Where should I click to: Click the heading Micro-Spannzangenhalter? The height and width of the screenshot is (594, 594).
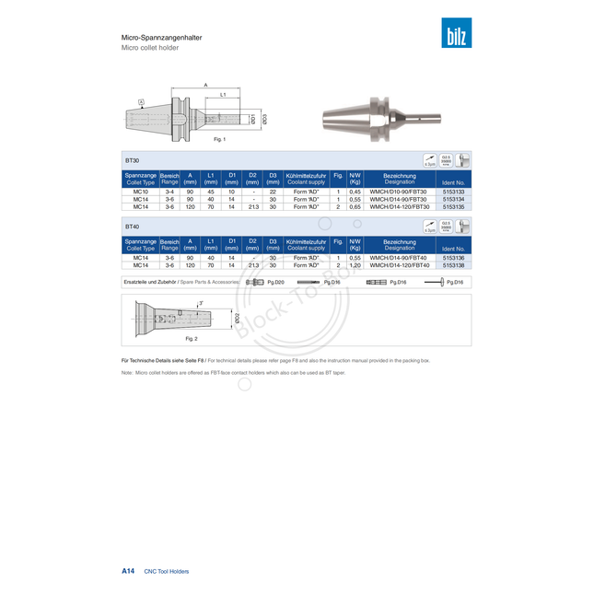click(x=162, y=38)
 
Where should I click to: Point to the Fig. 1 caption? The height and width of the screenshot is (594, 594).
click(x=219, y=139)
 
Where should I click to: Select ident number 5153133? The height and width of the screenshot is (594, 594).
click(x=453, y=191)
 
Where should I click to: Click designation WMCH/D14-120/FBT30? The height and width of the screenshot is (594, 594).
click(x=399, y=207)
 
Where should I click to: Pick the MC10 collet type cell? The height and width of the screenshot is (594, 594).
click(x=141, y=191)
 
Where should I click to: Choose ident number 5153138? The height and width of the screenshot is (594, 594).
click(x=453, y=265)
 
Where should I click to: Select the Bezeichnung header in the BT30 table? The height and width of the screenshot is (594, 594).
click(x=399, y=175)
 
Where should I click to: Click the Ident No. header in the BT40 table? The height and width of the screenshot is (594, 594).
click(x=453, y=249)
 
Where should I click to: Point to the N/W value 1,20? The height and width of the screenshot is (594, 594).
click(x=355, y=265)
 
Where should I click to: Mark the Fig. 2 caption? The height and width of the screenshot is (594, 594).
click(x=192, y=339)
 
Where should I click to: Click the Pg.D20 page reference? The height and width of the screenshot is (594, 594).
click(x=275, y=282)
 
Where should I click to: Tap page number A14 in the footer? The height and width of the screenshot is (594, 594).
click(x=128, y=571)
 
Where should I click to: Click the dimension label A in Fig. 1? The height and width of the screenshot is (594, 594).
click(x=205, y=86)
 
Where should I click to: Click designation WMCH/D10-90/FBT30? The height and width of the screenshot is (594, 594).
click(x=399, y=191)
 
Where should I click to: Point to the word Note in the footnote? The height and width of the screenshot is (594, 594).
click(x=127, y=373)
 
